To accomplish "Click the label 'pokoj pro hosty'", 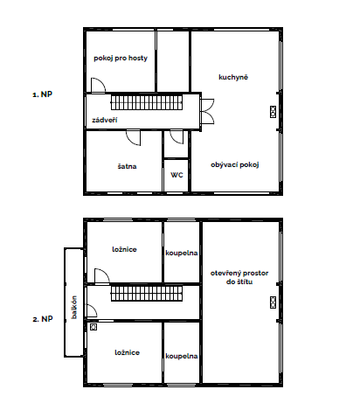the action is [x=121, y=59].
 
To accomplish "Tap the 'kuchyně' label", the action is [x=233, y=77].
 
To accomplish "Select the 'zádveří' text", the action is [x=105, y=120].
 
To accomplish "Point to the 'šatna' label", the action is [x=127, y=166].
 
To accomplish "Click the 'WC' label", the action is [x=177, y=175].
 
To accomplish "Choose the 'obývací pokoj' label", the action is [x=235, y=165].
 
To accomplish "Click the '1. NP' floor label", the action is [x=42, y=94].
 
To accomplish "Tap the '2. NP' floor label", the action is [x=43, y=319].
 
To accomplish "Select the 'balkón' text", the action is [x=74, y=307].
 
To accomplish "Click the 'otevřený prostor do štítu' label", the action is [x=239, y=277].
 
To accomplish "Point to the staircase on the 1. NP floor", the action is [x=147, y=102].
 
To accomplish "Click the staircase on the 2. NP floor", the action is [x=147, y=294].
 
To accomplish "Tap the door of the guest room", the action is [x=98, y=86].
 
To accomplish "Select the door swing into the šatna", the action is [x=134, y=137].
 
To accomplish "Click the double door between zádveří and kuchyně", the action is [x=207, y=112].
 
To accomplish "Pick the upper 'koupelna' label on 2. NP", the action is [x=182, y=253].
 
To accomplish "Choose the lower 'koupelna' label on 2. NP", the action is [x=182, y=356].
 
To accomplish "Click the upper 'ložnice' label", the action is [x=124, y=249].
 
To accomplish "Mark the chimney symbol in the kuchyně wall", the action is [x=273, y=112].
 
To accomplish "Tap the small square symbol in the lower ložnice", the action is [x=93, y=327].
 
